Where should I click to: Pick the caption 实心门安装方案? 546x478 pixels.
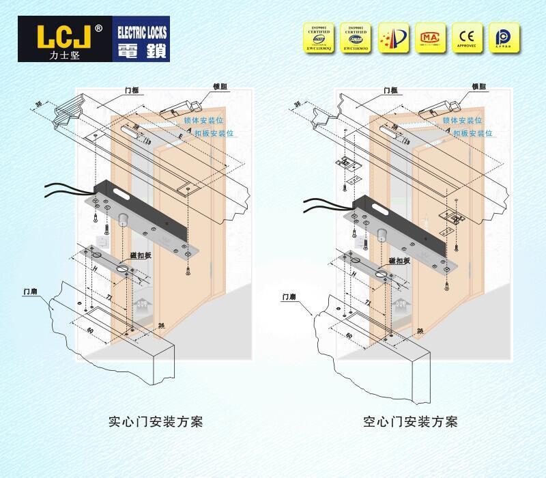156,421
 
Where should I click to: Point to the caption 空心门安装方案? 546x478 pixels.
410,421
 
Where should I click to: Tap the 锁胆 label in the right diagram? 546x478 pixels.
478,87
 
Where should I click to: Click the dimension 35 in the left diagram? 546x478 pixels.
39,104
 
